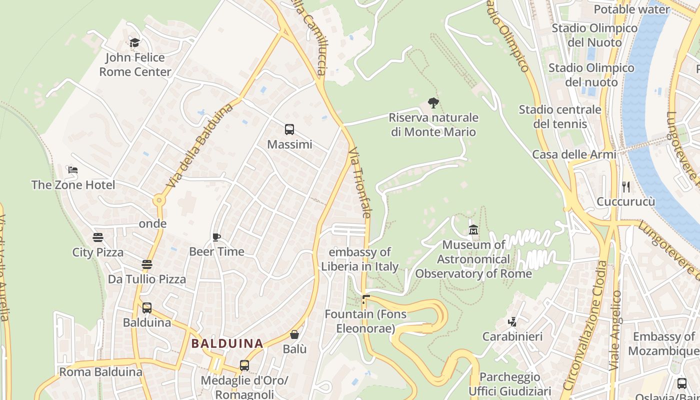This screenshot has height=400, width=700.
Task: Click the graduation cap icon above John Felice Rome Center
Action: (x=134, y=42)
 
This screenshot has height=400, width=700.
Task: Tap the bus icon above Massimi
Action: (x=289, y=129)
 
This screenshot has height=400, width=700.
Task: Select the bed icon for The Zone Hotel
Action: (x=73, y=170)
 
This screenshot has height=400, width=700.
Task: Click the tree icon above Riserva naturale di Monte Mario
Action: (x=433, y=103)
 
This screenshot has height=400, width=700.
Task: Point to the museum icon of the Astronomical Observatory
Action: (x=473, y=230)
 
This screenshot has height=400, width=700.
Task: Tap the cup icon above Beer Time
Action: (x=216, y=237)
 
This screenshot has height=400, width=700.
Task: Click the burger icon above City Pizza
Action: (x=97, y=237)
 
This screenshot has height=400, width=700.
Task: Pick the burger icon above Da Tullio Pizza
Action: (x=146, y=264)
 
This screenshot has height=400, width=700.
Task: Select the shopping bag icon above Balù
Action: (x=294, y=334)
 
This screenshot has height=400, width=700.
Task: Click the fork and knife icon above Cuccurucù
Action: (x=625, y=187)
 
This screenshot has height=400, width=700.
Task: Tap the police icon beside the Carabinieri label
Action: (x=512, y=321)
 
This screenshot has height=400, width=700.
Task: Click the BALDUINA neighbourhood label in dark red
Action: (x=227, y=343)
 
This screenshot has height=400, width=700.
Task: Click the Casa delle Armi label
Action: (x=574, y=154)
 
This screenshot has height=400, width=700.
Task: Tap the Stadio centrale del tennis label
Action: (x=559, y=116)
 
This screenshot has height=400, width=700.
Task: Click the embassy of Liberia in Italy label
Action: (x=359, y=259)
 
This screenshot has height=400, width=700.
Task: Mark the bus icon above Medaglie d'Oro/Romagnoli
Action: (x=244, y=365)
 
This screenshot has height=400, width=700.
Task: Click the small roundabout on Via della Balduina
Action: (x=159, y=200)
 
